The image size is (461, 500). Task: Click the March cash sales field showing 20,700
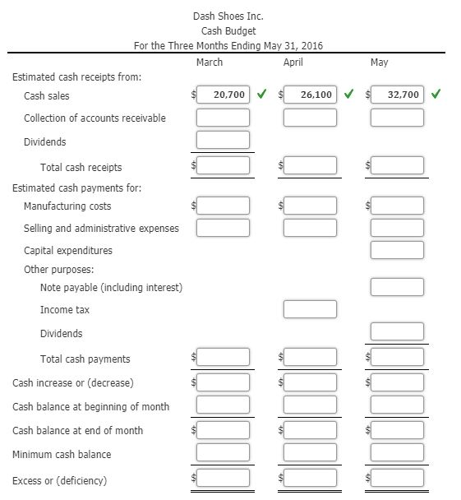222,95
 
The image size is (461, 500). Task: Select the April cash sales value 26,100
310,95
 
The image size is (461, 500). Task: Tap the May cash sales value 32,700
397,95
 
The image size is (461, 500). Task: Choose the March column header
210,62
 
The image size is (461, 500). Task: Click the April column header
293,62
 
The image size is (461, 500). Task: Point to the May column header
380,62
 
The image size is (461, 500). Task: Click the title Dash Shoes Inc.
228,16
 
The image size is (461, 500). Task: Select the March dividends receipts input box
222,141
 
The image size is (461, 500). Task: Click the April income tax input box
310,309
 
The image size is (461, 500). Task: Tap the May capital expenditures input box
397,249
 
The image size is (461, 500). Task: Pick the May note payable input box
397,287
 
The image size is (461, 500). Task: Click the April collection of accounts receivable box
310,118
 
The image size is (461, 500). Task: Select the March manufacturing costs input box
222,205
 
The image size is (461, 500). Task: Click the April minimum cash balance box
310,453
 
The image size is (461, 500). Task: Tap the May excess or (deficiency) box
397,479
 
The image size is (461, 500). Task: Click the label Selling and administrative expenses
101,228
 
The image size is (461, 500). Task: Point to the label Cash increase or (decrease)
73,382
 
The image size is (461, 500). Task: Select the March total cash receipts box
222,166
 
